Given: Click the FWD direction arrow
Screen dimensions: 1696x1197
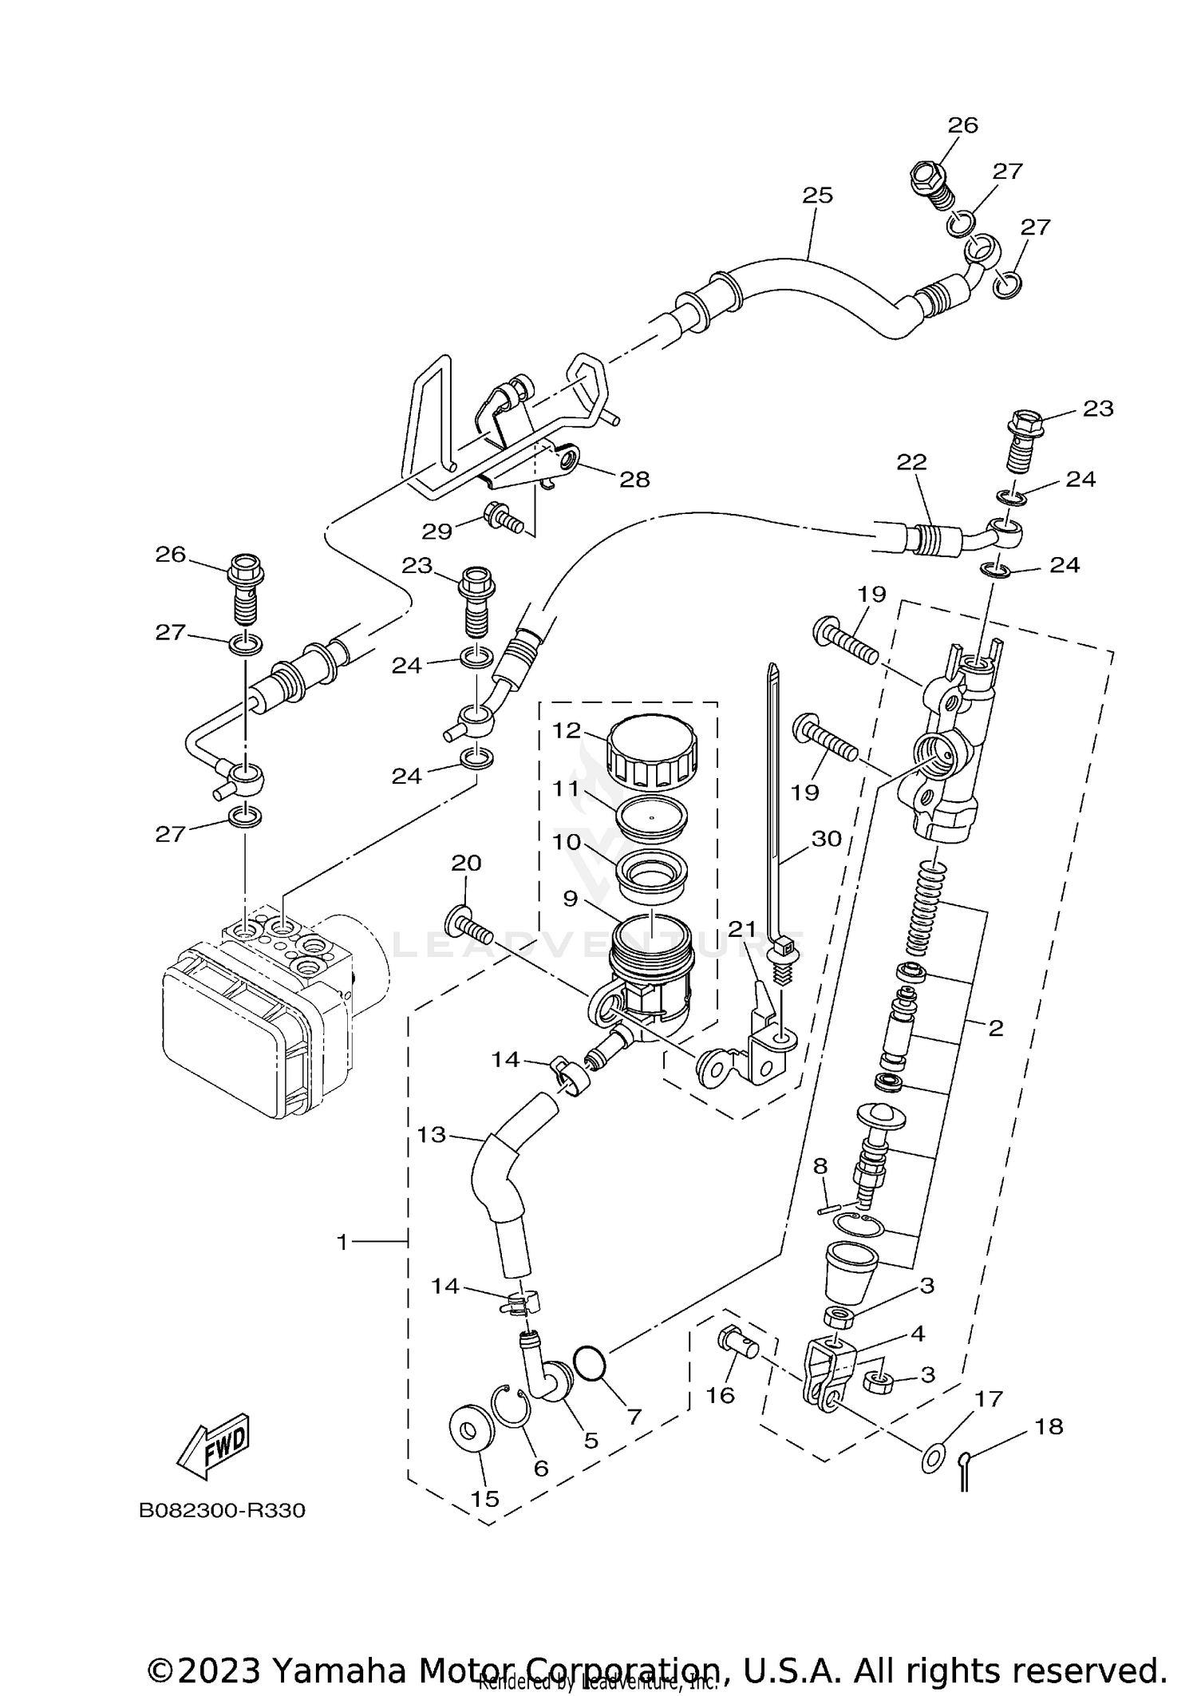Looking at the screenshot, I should coord(213,1446).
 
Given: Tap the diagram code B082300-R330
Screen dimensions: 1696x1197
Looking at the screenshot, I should coord(222,1511).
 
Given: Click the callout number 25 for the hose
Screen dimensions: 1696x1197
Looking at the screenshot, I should coord(817,196).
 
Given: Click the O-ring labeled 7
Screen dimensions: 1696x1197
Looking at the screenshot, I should coord(590,1362).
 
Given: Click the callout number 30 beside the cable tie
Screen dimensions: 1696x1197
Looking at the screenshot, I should coord(827,839).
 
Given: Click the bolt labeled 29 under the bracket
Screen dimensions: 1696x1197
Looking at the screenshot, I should coord(503,519).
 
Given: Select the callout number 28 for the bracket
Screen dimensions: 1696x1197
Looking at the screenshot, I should coord(634,480).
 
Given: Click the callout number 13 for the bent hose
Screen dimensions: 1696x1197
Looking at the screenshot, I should coord(432,1134).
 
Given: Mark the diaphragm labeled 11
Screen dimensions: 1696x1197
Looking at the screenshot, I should coord(652,817).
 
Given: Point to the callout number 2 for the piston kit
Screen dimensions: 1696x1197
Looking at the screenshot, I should coord(995,1029).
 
